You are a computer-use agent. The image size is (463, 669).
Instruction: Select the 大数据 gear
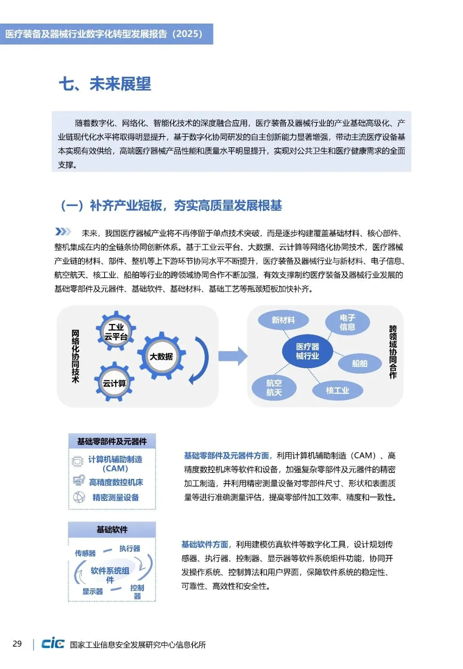coord(161,356)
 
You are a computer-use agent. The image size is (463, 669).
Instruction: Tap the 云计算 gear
coord(114,383)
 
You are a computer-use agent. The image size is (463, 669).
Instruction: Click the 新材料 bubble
coord(283,320)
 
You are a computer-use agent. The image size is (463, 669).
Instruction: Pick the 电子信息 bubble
coord(347,322)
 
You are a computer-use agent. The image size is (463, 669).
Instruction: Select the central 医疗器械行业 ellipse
coord(307,351)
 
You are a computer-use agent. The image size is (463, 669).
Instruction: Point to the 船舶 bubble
coord(359,363)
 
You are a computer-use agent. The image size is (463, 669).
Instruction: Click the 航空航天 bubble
coord(274,387)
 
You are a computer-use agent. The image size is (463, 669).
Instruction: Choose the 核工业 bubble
coord(337,390)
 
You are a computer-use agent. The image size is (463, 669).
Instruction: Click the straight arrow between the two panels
coord(233,356)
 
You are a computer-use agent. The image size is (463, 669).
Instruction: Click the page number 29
coord(17,644)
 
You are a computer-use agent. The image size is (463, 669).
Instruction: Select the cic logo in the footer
coord(53,643)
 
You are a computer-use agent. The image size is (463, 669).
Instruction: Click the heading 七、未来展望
coord(105,84)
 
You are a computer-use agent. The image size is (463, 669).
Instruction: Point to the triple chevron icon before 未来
coord(63,232)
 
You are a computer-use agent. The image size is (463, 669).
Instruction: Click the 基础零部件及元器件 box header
coord(112,441)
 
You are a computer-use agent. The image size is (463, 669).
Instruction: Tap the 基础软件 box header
coord(112,530)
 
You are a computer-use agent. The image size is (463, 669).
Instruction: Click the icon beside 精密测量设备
coord(79,497)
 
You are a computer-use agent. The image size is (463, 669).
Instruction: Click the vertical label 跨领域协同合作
coord(393,352)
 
